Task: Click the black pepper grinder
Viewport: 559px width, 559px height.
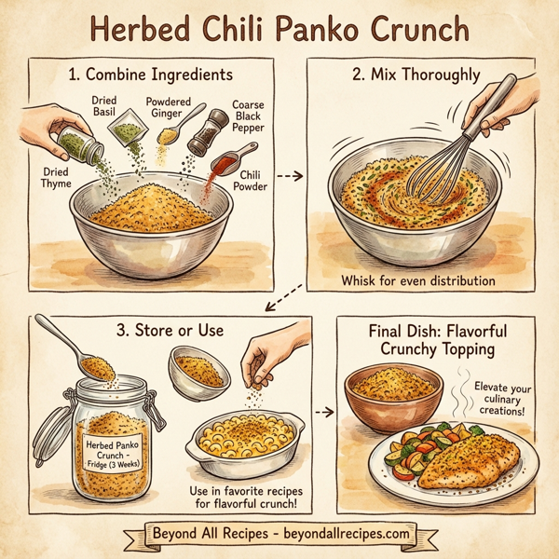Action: [x=208, y=131]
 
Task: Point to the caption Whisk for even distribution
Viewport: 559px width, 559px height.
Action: [x=416, y=280]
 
